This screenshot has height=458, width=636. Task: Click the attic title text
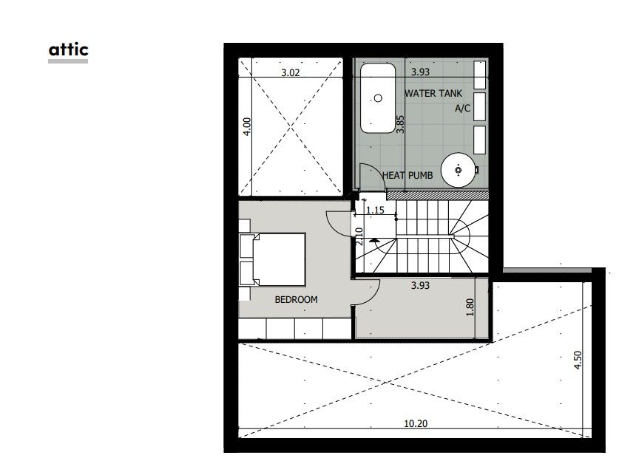coord(68,49)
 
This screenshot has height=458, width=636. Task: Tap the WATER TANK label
coord(433,94)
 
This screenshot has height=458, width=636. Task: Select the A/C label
coord(462,109)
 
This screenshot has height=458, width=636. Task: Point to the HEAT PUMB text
coord(407,175)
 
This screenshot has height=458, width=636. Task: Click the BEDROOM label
coord(296,299)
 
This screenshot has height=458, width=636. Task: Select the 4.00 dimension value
coord(247,126)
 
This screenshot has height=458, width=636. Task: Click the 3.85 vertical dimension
coord(399,123)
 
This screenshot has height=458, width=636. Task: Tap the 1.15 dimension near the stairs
coord(376,211)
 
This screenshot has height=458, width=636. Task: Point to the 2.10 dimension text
coord(359,236)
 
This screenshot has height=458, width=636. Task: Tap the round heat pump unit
coord(459,171)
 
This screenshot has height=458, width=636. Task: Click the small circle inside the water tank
coord(379,97)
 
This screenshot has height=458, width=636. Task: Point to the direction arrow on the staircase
coord(374,241)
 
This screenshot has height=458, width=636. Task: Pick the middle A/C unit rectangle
coord(479,106)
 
